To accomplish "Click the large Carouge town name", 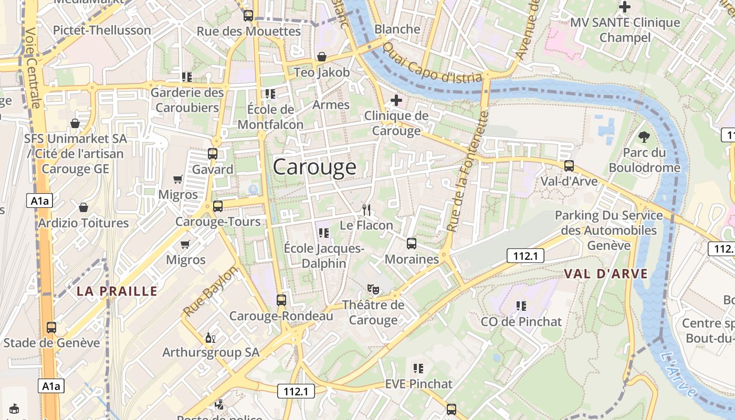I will [x=314, y=167].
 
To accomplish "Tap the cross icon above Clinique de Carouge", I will [x=396, y=100].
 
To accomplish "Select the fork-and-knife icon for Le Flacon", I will [x=366, y=210].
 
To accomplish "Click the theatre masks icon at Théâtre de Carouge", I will [x=373, y=289].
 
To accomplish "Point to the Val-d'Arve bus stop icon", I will [x=569, y=166].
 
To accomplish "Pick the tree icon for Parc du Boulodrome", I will [x=644, y=137].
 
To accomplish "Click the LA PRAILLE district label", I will [x=117, y=291].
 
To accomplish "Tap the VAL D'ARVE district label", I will [x=606, y=274].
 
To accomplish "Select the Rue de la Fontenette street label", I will [x=468, y=171].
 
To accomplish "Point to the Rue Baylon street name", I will [x=211, y=291].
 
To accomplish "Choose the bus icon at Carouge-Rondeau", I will [x=281, y=300].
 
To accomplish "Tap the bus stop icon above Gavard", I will [x=213, y=154].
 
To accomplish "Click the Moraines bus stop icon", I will [x=412, y=244].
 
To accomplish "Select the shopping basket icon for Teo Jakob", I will [x=322, y=57].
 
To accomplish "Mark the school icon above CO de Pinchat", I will [x=521, y=306].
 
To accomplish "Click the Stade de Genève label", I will [x=51, y=343].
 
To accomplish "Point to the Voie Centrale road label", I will [x=32, y=68].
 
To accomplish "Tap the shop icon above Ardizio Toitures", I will [x=83, y=207].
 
